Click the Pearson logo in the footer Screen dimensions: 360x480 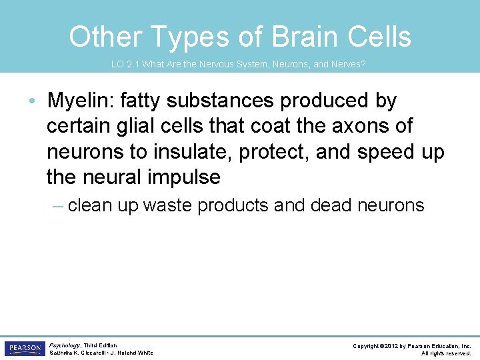tap(24, 348)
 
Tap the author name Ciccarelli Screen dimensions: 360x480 tap(99, 353)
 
